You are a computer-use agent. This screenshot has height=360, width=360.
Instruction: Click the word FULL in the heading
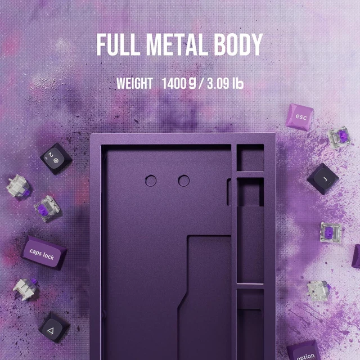118,45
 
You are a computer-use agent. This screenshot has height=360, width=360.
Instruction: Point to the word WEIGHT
134,83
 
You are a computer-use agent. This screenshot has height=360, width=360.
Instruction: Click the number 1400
174,83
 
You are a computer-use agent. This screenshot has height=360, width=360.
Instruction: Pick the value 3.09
218,83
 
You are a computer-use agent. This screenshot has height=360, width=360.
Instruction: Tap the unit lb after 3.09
237,83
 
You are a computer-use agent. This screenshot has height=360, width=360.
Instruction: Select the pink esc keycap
299,117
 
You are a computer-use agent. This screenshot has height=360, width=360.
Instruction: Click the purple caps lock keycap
44,253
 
